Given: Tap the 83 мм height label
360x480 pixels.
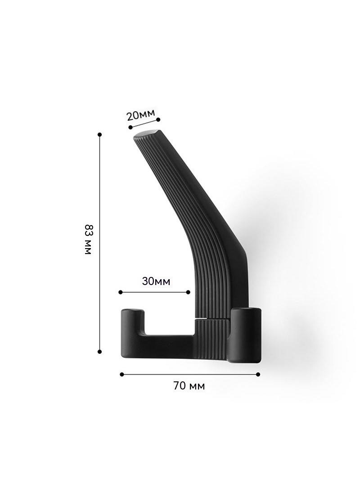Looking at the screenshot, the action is (88, 240).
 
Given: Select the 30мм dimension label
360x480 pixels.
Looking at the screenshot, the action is (156, 281).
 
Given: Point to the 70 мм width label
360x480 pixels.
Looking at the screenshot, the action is (189, 386).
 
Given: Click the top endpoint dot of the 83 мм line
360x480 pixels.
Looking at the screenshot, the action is (99, 134).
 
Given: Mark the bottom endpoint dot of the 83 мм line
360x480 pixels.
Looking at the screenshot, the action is (99, 352).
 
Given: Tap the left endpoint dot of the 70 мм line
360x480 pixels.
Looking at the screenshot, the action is (122, 374).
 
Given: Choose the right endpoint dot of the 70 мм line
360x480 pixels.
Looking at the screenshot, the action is (258, 374).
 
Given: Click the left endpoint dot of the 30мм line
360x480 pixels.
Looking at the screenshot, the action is (121, 292).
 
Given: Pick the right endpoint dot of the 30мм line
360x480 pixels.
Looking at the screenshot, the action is (188, 292).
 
